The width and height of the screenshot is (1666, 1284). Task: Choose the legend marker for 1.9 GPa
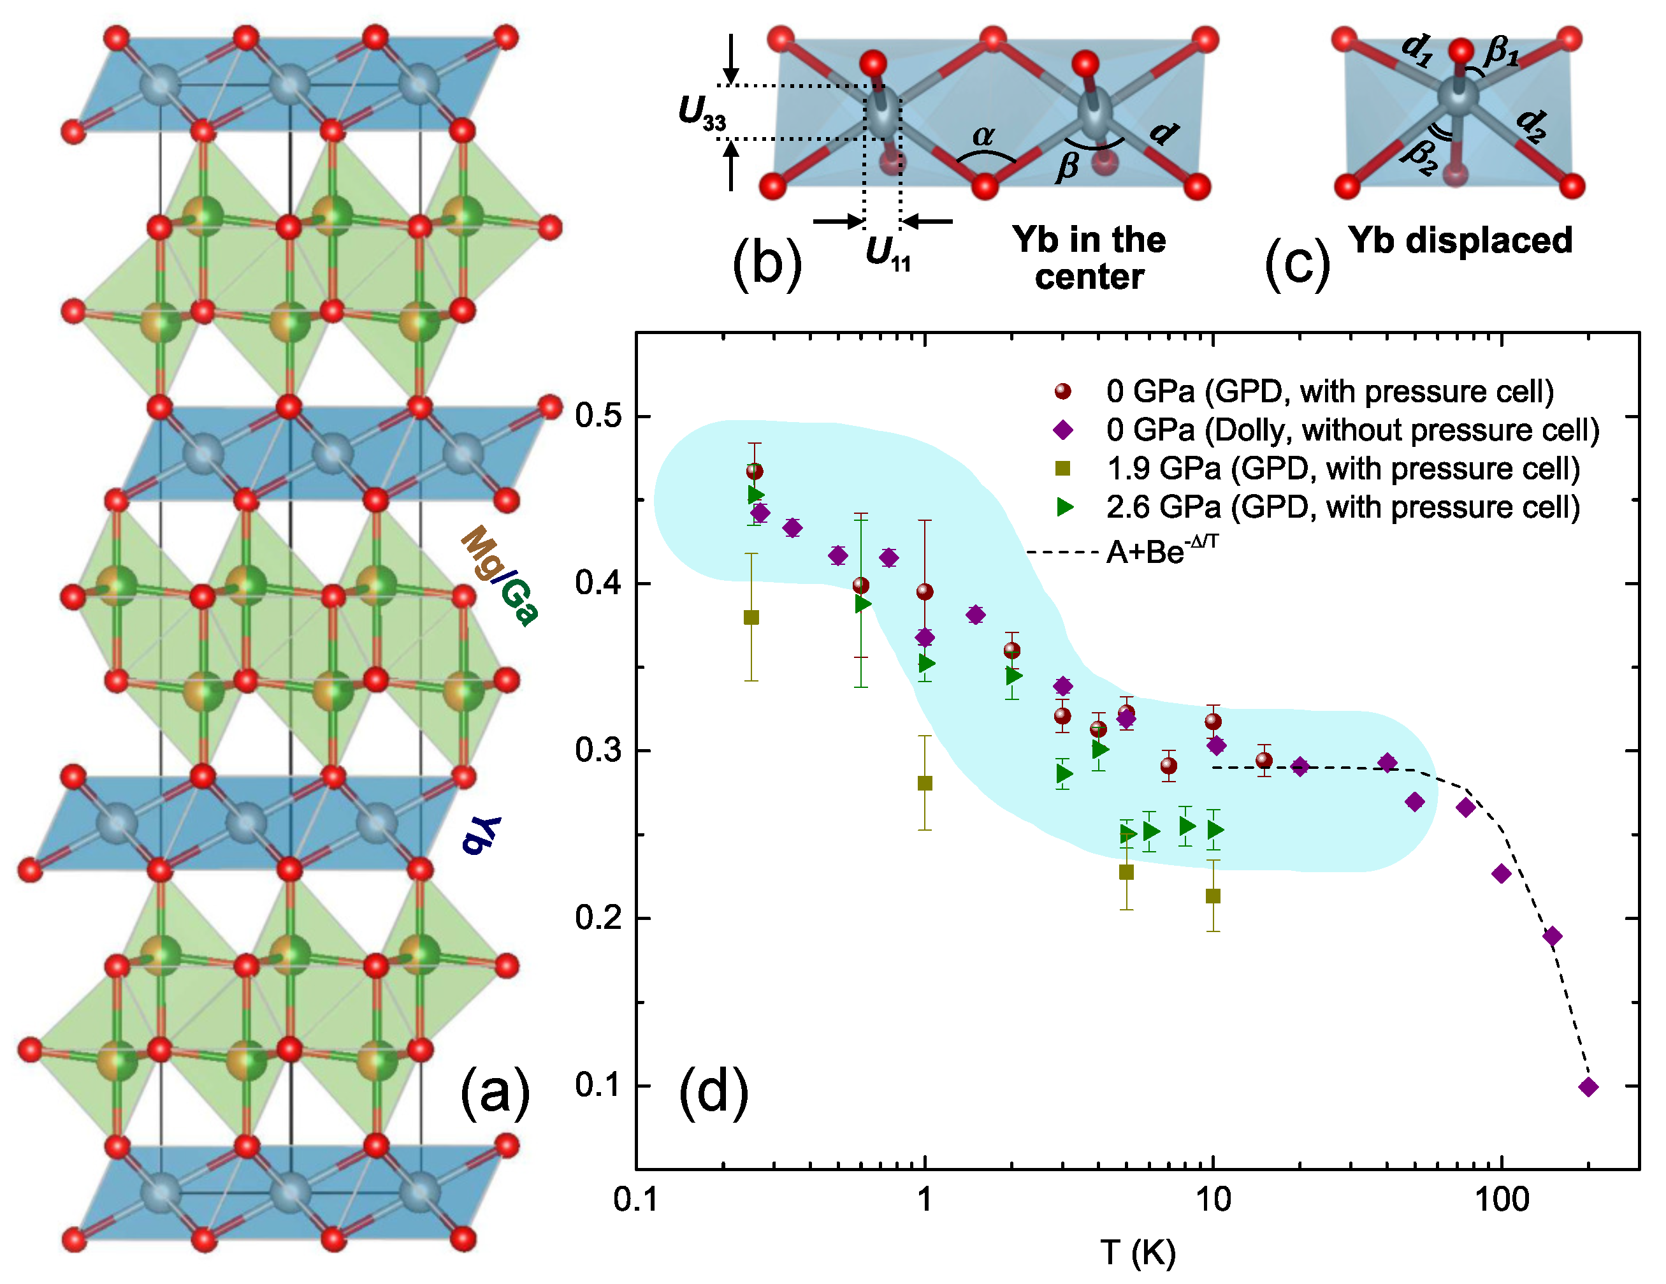click(x=1062, y=469)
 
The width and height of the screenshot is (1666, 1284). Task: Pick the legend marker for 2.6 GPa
click(x=1064, y=507)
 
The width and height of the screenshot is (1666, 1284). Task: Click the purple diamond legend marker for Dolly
click(x=1062, y=430)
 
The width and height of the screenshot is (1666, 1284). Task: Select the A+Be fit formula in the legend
click(x=1162, y=551)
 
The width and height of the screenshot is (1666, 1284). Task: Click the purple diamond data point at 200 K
click(x=1588, y=1087)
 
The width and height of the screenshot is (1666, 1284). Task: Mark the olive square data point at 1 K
click(x=925, y=784)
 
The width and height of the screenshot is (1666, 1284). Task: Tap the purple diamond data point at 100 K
click(x=1501, y=874)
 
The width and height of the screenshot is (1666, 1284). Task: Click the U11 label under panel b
click(x=887, y=253)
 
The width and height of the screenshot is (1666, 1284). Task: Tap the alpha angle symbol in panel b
click(x=983, y=136)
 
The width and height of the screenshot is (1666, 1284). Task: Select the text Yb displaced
click(x=1460, y=240)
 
